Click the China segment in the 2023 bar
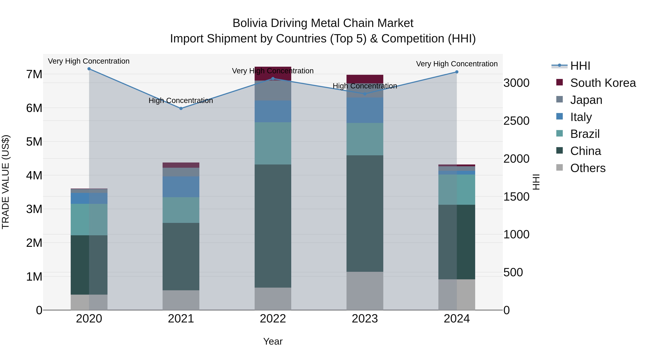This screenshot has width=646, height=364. point(365,214)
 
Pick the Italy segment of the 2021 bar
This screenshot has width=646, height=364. point(181,187)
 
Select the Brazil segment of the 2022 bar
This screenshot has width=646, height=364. point(273,143)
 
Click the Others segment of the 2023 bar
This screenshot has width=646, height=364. point(365,291)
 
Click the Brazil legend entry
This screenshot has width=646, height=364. point(585,134)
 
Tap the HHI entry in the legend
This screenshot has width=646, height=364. point(580,66)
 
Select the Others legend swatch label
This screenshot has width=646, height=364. point(588,168)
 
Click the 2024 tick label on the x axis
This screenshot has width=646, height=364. point(457,319)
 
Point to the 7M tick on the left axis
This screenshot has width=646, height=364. point(34,74)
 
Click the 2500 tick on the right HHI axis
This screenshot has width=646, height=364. point(516,121)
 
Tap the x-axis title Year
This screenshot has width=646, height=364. point(273,341)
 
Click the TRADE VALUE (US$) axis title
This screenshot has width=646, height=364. point(6,182)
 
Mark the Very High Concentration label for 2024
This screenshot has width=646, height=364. point(457,64)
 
